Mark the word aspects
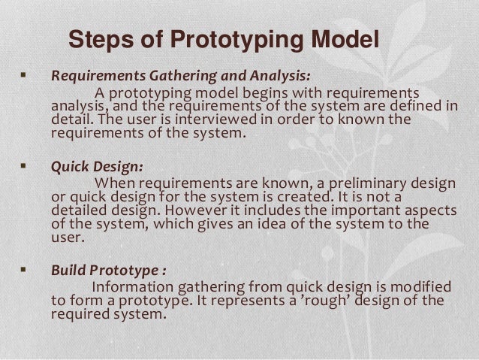pos(417,211)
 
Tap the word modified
pos(422,287)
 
